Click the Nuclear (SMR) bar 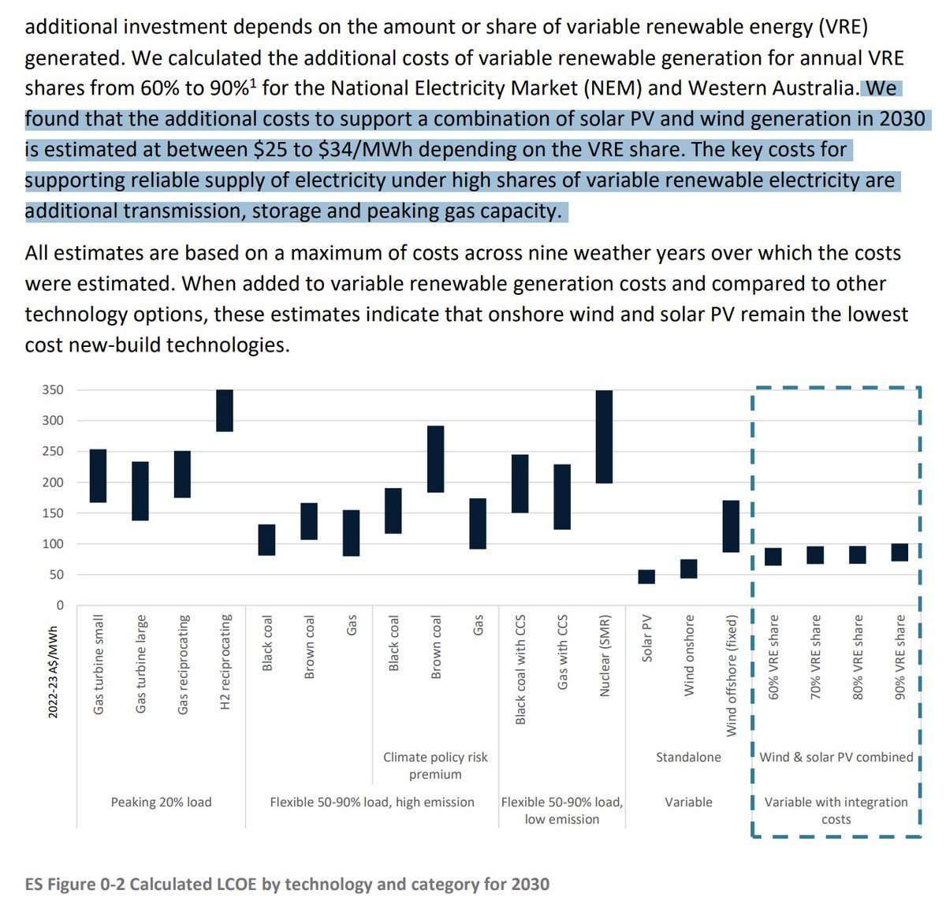[604, 436]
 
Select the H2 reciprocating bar [224, 410]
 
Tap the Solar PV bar [646, 576]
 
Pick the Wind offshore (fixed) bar [731, 526]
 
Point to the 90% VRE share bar [899, 552]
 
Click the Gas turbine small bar [98, 475]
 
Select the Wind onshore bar [688, 568]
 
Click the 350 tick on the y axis [53, 389]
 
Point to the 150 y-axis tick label [53, 513]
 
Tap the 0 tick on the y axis [60, 605]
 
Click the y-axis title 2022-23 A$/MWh [53, 672]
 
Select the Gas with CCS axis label [562, 652]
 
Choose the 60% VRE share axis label [773, 657]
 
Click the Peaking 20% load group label [161, 802]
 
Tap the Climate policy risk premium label [435, 765]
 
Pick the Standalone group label [688, 757]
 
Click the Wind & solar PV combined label [836, 757]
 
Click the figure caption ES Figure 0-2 [287, 883]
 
